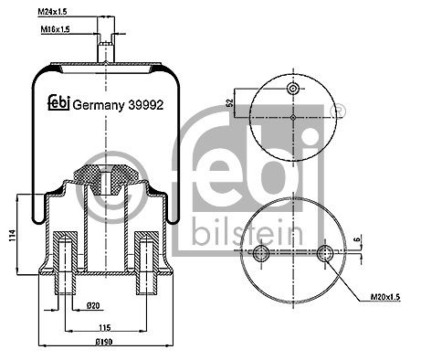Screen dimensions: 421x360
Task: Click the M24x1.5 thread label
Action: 52,12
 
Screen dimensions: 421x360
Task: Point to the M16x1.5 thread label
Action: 55,29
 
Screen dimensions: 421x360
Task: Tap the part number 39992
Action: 146,105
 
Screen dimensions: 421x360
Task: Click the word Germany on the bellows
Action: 99,106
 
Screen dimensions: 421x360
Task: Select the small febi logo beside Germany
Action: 59,102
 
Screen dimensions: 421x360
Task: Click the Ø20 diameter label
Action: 93,305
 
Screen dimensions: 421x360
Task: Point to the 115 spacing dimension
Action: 105,328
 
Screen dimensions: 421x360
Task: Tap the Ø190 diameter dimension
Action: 104,342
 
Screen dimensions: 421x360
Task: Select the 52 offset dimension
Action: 230,102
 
